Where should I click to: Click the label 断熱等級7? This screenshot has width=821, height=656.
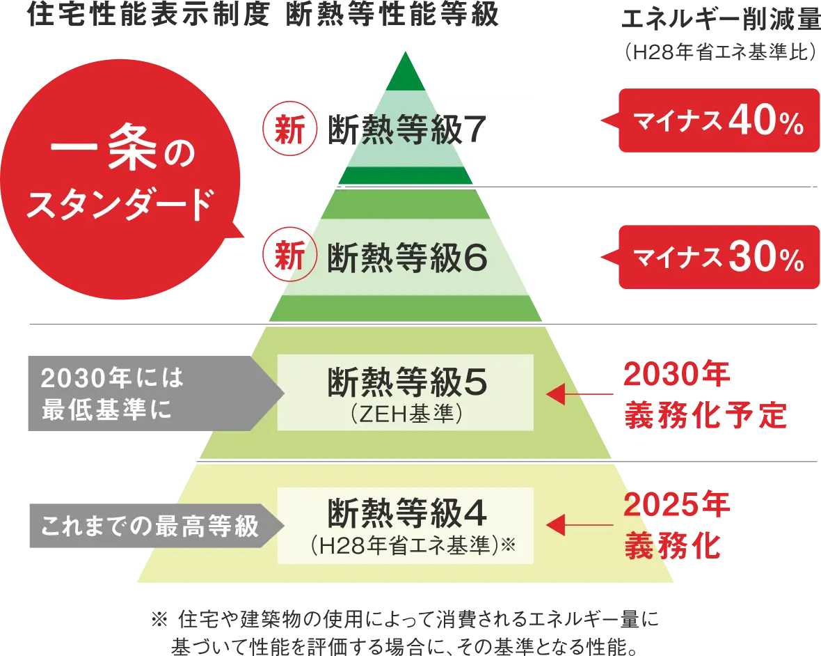(x=406, y=130)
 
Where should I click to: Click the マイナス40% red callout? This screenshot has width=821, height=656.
(x=718, y=121)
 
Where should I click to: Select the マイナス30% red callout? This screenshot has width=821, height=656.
(x=718, y=257)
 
